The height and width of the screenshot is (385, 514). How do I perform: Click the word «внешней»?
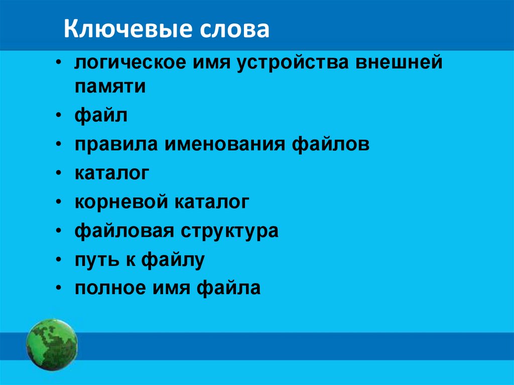(399, 64)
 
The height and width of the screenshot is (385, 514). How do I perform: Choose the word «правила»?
(115, 145)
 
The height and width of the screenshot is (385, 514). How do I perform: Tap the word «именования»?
(223, 145)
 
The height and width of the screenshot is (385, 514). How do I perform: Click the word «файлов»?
(330, 145)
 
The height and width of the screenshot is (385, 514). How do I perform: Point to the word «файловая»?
(121, 231)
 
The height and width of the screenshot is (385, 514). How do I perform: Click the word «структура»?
(227, 231)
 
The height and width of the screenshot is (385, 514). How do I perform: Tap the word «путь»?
(95, 260)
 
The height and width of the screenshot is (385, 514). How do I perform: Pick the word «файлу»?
(173, 260)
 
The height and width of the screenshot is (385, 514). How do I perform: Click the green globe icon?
(52, 344)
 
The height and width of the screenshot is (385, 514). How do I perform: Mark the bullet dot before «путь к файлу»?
(60, 260)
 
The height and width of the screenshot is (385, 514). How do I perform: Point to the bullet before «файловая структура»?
(60, 231)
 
